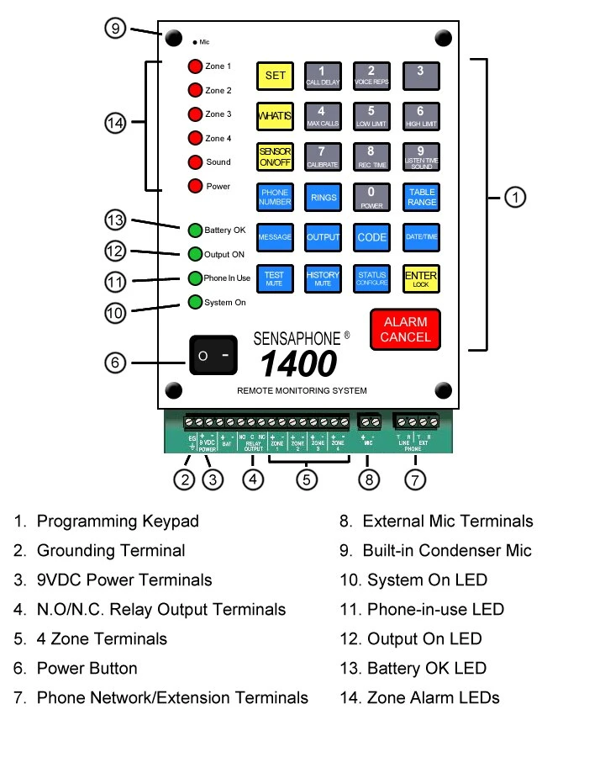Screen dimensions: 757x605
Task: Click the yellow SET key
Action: [x=275, y=76]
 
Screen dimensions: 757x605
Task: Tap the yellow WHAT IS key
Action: [x=275, y=116]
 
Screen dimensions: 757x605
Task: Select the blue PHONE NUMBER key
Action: [x=275, y=197]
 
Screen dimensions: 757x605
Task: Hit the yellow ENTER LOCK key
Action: [x=420, y=278]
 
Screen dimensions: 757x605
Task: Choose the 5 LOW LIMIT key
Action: [x=371, y=116]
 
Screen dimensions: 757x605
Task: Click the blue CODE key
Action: [x=371, y=237]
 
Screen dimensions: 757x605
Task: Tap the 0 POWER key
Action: [x=371, y=197]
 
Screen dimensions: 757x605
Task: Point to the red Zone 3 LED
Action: [x=195, y=114]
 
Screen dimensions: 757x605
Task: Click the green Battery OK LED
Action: [x=195, y=230]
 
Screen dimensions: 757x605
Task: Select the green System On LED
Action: [x=195, y=303]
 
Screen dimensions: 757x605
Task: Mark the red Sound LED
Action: [x=195, y=162]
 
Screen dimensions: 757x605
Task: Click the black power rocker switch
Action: [x=213, y=356]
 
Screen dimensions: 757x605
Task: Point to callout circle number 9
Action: [x=116, y=28]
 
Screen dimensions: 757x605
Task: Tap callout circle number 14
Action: [x=116, y=123]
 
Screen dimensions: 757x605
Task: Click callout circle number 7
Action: [x=415, y=479]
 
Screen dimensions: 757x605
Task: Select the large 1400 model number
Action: [x=298, y=363]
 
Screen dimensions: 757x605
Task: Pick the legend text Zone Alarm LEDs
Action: [x=433, y=697]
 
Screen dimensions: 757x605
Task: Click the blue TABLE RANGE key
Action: [x=420, y=197]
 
